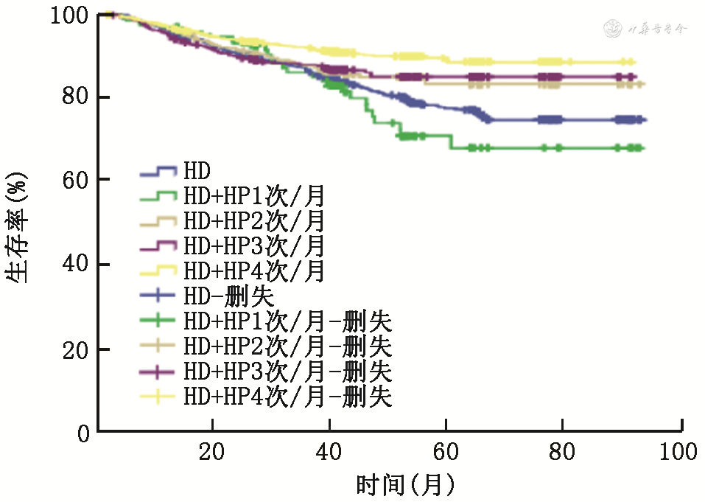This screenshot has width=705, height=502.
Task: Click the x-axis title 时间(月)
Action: (x=404, y=484)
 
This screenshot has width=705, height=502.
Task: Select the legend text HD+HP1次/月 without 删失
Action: (x=253, y=197)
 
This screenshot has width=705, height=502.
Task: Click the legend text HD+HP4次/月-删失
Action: (x=288, y=397)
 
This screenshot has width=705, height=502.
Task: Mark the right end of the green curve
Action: (x=643, y=148)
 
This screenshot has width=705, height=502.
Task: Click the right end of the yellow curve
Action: (x=634, y=63)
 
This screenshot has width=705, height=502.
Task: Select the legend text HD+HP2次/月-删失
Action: (x=288, y=346)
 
